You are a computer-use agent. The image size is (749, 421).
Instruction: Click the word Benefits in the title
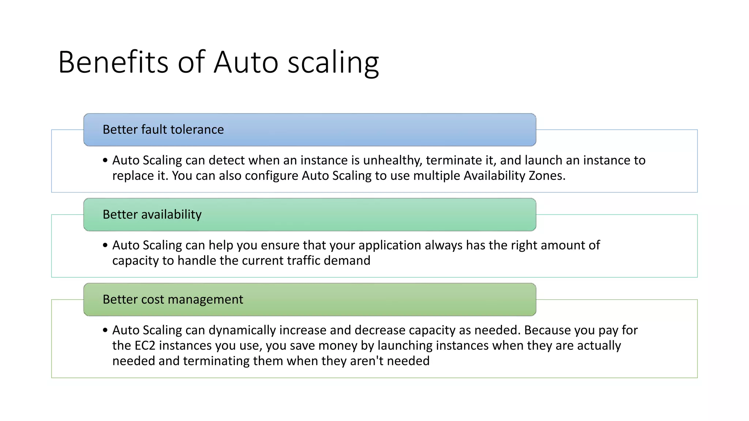(113, 62)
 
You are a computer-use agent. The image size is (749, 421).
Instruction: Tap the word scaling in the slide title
(333, 63)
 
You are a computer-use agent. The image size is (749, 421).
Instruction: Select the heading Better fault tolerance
(163, 130)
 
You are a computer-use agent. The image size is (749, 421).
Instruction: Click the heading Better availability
(152, 215)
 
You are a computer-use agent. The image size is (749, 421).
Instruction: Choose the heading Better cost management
(173, 300)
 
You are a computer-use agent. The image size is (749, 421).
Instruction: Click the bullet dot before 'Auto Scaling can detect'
(105, 160)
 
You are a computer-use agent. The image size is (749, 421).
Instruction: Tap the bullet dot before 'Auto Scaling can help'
(105, 245)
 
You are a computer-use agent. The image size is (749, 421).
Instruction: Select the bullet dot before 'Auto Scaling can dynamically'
(105, 330)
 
